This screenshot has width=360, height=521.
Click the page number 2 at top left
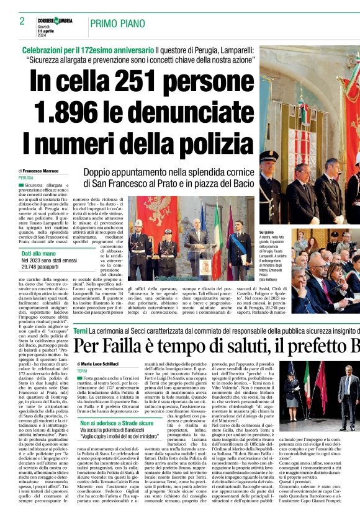coord(22,20)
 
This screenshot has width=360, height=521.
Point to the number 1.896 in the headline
coord(66,112)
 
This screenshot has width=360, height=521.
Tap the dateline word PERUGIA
coord(26,177)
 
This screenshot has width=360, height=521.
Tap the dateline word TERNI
coord(82,370)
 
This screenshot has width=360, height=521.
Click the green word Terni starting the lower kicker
coord(80,332)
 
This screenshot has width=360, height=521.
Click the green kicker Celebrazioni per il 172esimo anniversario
coord(88,50)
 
